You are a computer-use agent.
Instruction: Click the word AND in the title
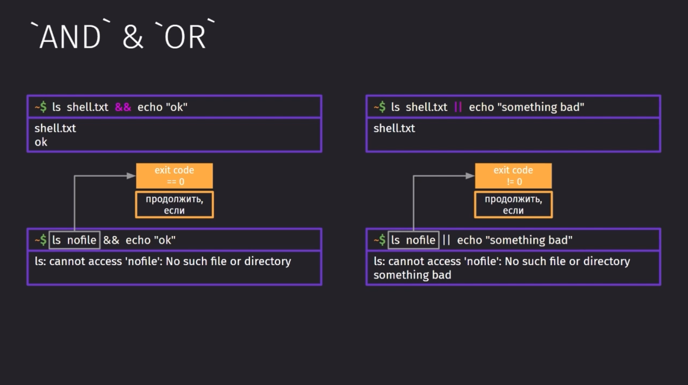coord(70,37)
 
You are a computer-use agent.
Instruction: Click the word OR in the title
coord(185,37)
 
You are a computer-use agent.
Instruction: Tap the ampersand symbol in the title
coord(133,37)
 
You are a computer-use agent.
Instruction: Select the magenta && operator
coord(123,107)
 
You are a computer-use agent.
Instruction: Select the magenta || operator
coord(458,107)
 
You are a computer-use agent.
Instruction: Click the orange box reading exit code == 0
coord(174,176)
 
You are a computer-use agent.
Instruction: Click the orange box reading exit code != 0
coord(513,176)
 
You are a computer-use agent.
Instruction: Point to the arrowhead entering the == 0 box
coord(131,176)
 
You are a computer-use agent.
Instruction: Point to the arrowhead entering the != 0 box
coord(470,176)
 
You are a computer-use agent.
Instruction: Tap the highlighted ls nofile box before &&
coord(75,240)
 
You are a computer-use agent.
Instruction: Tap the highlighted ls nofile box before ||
coord(413,240)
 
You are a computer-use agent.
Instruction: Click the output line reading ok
coord(41,142)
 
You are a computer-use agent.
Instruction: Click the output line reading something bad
coord(412,275)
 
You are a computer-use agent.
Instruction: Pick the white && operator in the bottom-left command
coord(111,240)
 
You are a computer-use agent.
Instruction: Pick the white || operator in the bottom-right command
coord(446,240)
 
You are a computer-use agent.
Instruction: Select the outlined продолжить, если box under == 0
coord(174,192)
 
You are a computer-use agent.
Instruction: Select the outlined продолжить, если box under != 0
coord(513,192)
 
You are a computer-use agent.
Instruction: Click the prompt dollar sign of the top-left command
coord(43,107)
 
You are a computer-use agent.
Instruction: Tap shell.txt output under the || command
coord(394,128)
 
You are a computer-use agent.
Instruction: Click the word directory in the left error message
coord(267,262)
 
